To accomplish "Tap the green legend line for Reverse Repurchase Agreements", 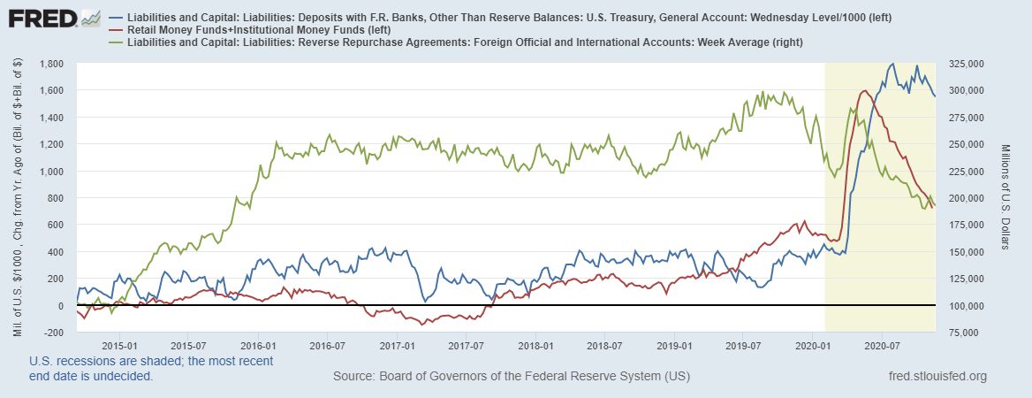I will point(117,42).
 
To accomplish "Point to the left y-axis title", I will point(18,198).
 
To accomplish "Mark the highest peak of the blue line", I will point(892,64).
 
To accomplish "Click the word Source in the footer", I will point(354,377).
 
